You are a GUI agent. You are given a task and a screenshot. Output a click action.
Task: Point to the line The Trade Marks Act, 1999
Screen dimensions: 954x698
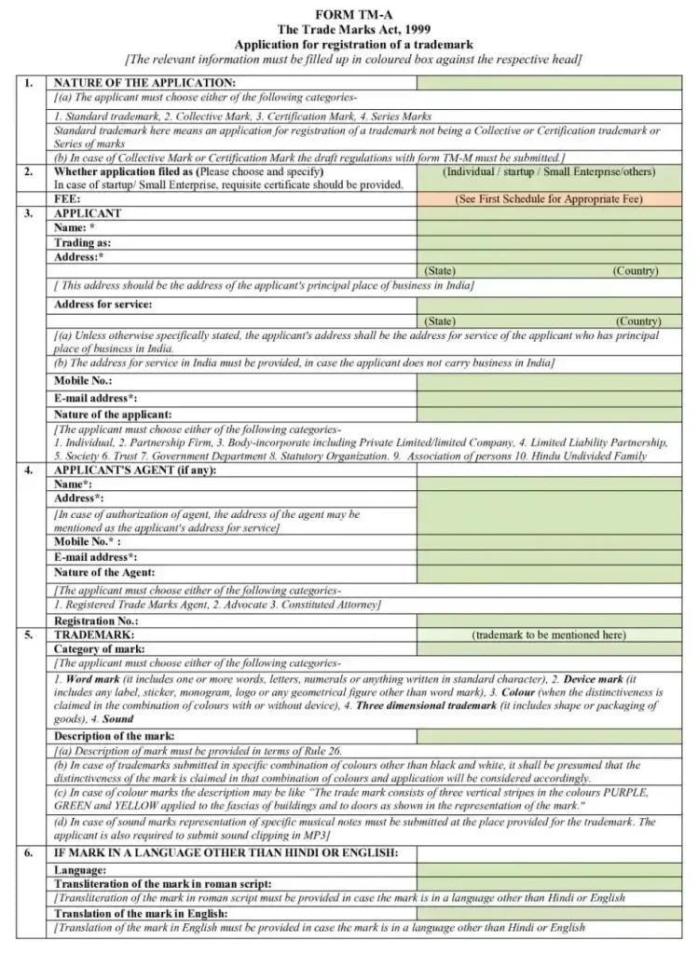point(353,30)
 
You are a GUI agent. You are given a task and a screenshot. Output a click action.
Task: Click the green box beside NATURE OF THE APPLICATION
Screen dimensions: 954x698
point(549,84)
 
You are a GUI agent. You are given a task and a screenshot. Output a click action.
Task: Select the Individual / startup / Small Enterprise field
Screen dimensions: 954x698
point(549,172)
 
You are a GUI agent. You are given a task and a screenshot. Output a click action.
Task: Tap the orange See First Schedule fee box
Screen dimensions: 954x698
point(549,199)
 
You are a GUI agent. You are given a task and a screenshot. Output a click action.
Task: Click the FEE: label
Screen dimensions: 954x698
point(67,199)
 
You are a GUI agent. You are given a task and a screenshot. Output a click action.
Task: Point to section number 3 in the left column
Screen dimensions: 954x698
point(29,213)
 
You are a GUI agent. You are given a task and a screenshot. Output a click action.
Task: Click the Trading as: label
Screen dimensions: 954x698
point(82,242)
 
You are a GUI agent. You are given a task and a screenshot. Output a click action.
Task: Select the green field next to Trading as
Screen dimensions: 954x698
point(549,242)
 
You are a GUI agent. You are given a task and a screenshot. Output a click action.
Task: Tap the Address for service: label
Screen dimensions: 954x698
point(103,305)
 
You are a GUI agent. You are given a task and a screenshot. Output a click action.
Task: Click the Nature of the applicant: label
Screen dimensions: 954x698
point(113,414)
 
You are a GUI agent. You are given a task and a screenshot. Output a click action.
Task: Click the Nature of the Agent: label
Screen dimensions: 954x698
point(104,573)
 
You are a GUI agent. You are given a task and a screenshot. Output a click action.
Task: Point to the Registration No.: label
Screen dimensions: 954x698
point(96,620)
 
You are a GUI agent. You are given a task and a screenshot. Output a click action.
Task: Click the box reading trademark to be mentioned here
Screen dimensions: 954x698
point(549,634)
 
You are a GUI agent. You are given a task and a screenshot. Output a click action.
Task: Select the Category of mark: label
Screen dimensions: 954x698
point(99,648)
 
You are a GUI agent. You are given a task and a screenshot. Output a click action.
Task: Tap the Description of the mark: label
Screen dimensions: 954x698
point(114,736)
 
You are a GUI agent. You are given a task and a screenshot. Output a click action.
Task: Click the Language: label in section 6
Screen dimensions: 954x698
point(80,869)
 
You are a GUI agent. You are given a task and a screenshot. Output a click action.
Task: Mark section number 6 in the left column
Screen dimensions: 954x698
point(29,853)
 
